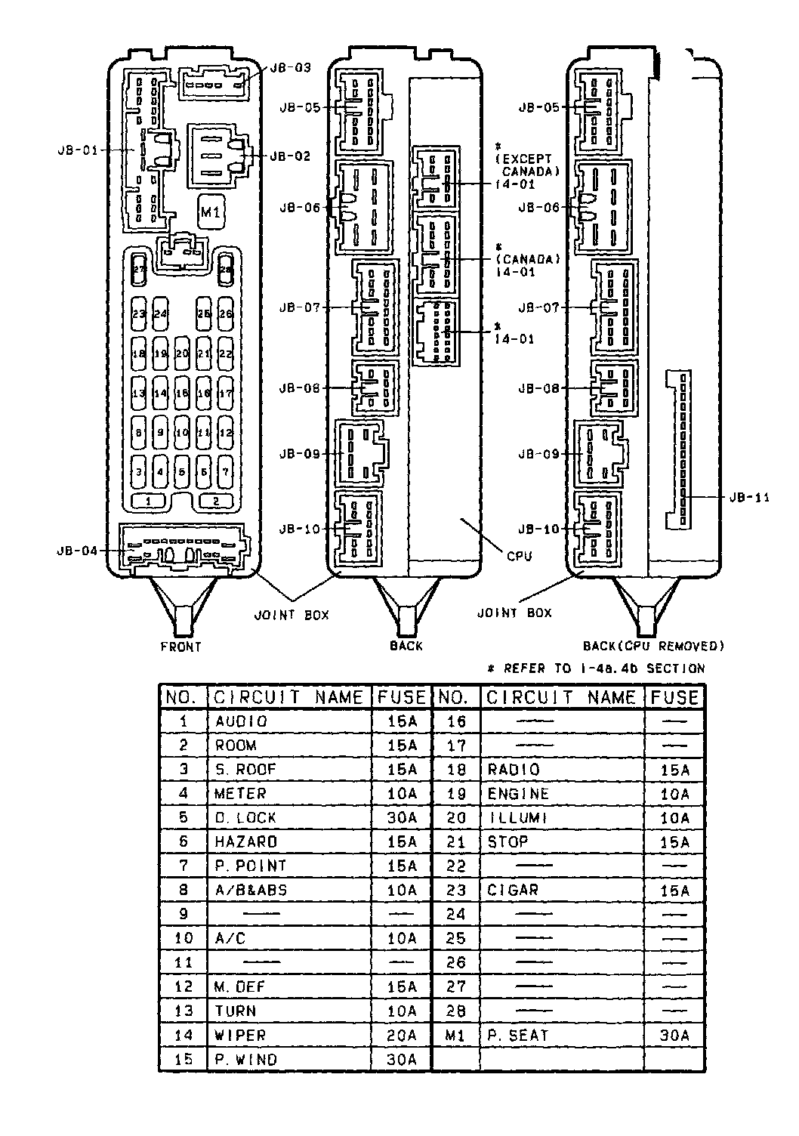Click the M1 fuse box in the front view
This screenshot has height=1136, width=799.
point(210,214)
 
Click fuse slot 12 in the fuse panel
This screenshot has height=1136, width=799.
point(225,433)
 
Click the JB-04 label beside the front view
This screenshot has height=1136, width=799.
point(78,551)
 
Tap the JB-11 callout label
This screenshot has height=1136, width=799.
point(750,498)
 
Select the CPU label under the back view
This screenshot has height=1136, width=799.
point(519,557)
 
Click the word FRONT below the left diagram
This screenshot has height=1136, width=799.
point(181,647)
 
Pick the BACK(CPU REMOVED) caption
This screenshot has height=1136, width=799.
point(653,646)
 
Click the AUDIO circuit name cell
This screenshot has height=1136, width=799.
point(241,721)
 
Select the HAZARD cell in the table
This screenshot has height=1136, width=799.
point(245,841)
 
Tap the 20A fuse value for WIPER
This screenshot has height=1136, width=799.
point(402,1035)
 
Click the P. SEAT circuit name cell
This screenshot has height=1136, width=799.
point(517,1035)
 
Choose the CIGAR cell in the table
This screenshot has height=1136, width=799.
point(513,890)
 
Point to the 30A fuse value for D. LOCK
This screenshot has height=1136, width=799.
point(402,817)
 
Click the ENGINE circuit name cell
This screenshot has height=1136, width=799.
point(518,793)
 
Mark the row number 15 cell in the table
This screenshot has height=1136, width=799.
point(184,1059)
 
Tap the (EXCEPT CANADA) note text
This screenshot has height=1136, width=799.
point(528,165)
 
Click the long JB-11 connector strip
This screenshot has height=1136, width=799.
point(678,449)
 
